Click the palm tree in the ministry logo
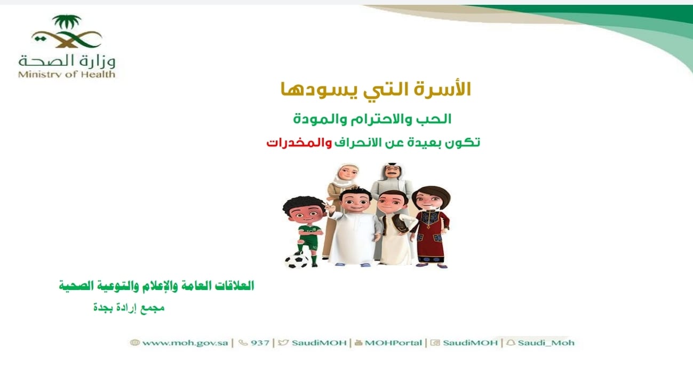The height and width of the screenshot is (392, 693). coord(67,22)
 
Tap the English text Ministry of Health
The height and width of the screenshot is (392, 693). coord(67,75)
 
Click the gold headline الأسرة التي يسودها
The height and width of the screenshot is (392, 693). coord(376,90)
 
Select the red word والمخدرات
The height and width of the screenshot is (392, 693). coord(299,143)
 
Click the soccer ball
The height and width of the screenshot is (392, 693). coord(297,260)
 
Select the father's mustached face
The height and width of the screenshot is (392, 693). coord(392,172)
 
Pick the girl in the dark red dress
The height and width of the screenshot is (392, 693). coord(431,226)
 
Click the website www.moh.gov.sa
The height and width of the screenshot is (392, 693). coord(185,343)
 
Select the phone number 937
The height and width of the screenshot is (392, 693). coord(260,343)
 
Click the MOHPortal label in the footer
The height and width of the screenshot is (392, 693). coord(393,343)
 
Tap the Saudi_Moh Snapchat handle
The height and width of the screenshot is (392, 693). coord(546,343)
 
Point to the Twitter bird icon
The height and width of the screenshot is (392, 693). coord(283,342)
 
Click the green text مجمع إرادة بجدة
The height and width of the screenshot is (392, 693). coord(129,308)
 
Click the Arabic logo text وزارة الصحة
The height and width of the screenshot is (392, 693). coord(67,61)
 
